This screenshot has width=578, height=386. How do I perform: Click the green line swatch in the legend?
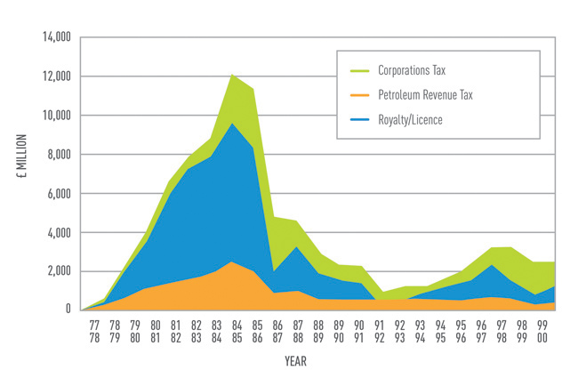pyautogui.click(x=360, y=68)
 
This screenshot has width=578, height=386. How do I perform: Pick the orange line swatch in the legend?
pyautogui.click(x=360, y=93)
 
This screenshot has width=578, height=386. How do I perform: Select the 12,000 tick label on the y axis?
pyautogui.click(x=54, y=76)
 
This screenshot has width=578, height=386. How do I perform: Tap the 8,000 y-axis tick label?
pyautogui.click(x=57, y=155)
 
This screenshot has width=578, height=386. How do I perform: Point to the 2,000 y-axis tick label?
pyautogui.click(x=57, y=271)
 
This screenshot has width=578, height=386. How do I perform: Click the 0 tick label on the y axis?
pyautogui.click(x=68, y=310)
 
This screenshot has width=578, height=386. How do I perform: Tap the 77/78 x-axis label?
pyautogui.click(x=93, y=332)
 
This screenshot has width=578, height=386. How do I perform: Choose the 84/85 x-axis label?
pyautogui.click(x=232, y=332)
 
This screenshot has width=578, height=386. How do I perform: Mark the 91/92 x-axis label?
pyautogui.click(x=380, y=332)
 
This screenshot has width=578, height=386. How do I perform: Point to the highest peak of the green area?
pyautogui.click(x=232, y=73)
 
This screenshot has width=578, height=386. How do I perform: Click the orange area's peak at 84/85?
pyautogui.click(x=231, y=261)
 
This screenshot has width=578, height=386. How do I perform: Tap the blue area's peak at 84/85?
pyautogui.click(x=232, y=123)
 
